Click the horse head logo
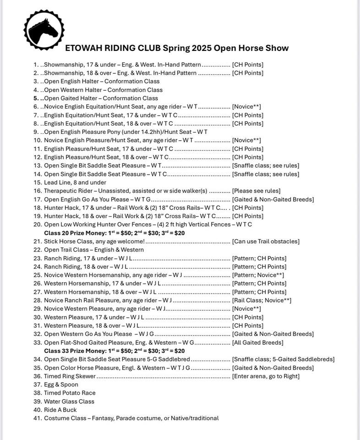point(43,30)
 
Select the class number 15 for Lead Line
point(37,182)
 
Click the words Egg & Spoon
point(61,385)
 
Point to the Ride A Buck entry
point(60,410)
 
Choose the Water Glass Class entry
point(69,401)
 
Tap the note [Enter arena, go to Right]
point(266,376)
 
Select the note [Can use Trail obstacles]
point(266,242)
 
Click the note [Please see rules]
point(256,191)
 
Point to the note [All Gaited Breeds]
point(257,342)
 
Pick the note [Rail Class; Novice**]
point(262,300)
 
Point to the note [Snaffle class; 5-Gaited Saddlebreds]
point(283,359)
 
